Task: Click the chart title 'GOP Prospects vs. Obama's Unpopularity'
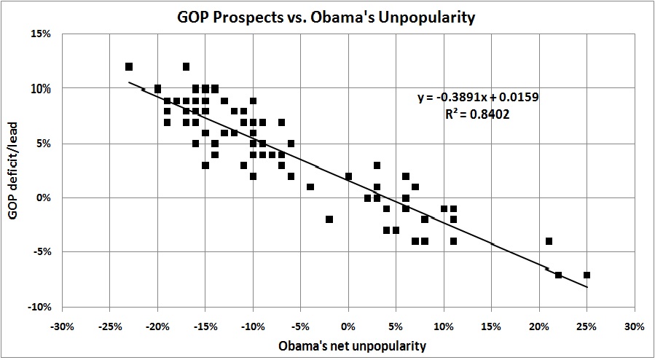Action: tap(327, 14)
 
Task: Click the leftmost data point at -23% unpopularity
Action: tap(129, 67)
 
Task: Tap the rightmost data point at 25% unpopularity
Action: tap(587, 275)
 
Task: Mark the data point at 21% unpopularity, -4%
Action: tap(549, 241)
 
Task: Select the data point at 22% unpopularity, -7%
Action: tap(558, 275)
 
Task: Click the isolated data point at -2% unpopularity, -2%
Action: tap(329, 219)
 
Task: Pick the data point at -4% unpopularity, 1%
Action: tap(310, 187)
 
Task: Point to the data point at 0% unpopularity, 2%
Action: tap(348, 176)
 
